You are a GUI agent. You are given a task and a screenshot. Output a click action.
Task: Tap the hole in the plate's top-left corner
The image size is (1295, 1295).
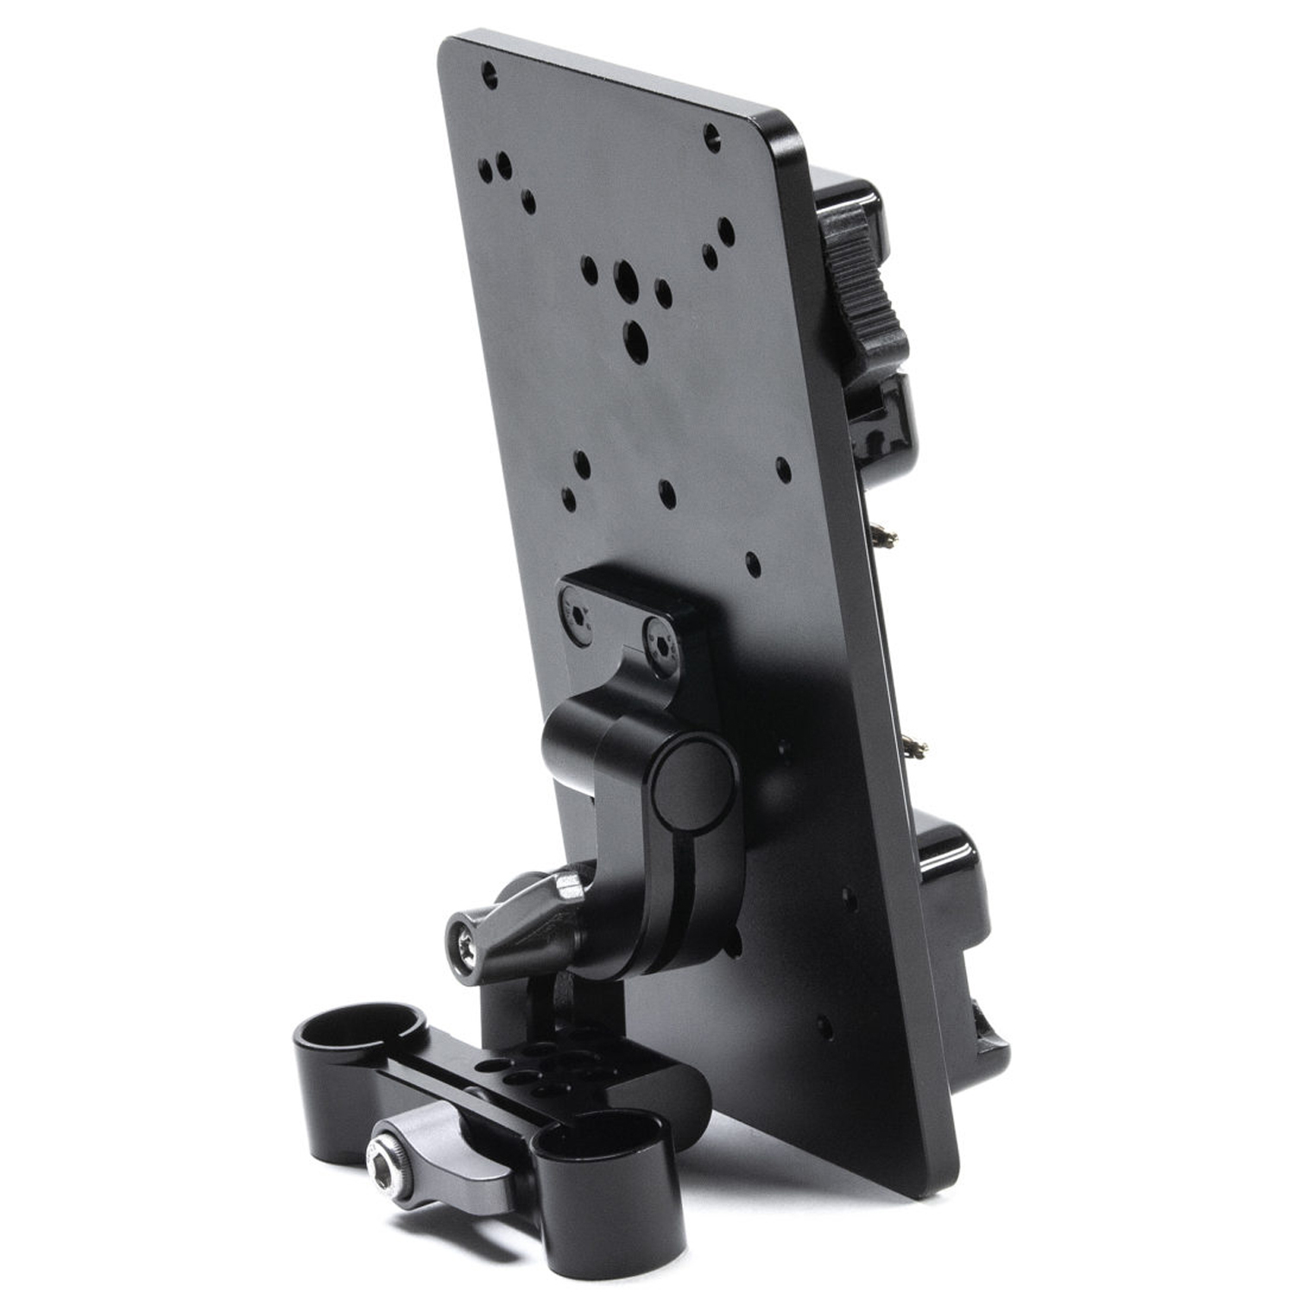pyautogui.click(x=490, y=74)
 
